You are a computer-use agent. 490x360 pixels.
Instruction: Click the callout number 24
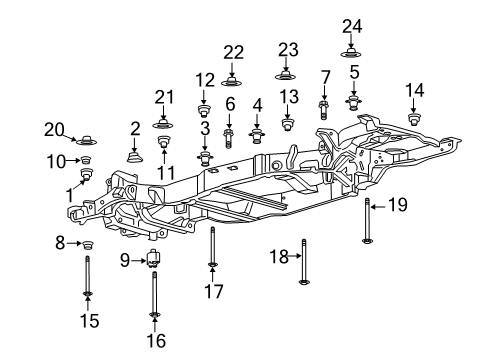pos(351,26)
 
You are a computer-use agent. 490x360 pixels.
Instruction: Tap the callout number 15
pos(87,321)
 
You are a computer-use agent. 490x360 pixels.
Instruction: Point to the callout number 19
pos(398,205)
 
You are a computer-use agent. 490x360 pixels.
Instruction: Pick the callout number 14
pos(414,90)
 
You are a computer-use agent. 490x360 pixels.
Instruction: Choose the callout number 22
pos(233,53)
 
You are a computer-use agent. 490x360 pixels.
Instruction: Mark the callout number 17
pos(213,292)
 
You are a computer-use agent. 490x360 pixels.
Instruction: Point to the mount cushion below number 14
pos(414,120)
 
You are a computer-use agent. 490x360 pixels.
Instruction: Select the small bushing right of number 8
pos(87,245)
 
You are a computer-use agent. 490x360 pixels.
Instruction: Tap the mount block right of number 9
pos(155,262)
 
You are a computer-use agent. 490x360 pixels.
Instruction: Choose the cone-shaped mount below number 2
pos(135,155)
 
